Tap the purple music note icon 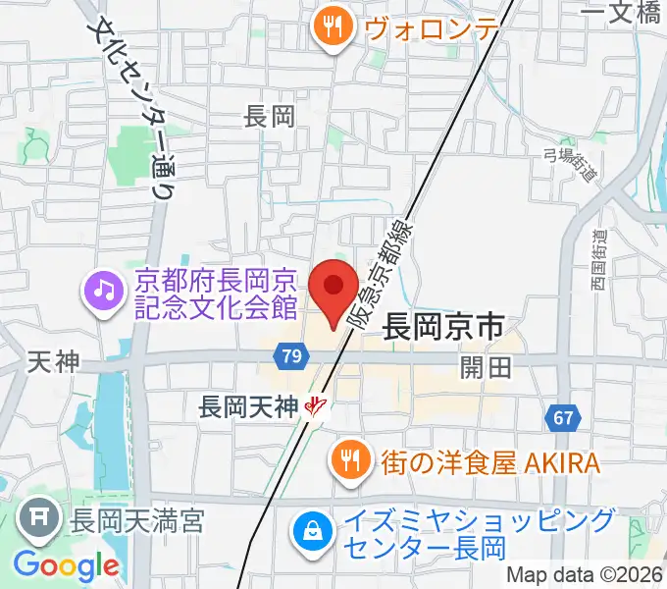tap(103, 289)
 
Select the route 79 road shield tap(288, 357)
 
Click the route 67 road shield tap(561, 418)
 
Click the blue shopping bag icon tap(311, 532)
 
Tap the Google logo tap(66, 565)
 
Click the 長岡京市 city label tap(441, 325)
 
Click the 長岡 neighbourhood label tap(269, 118)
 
